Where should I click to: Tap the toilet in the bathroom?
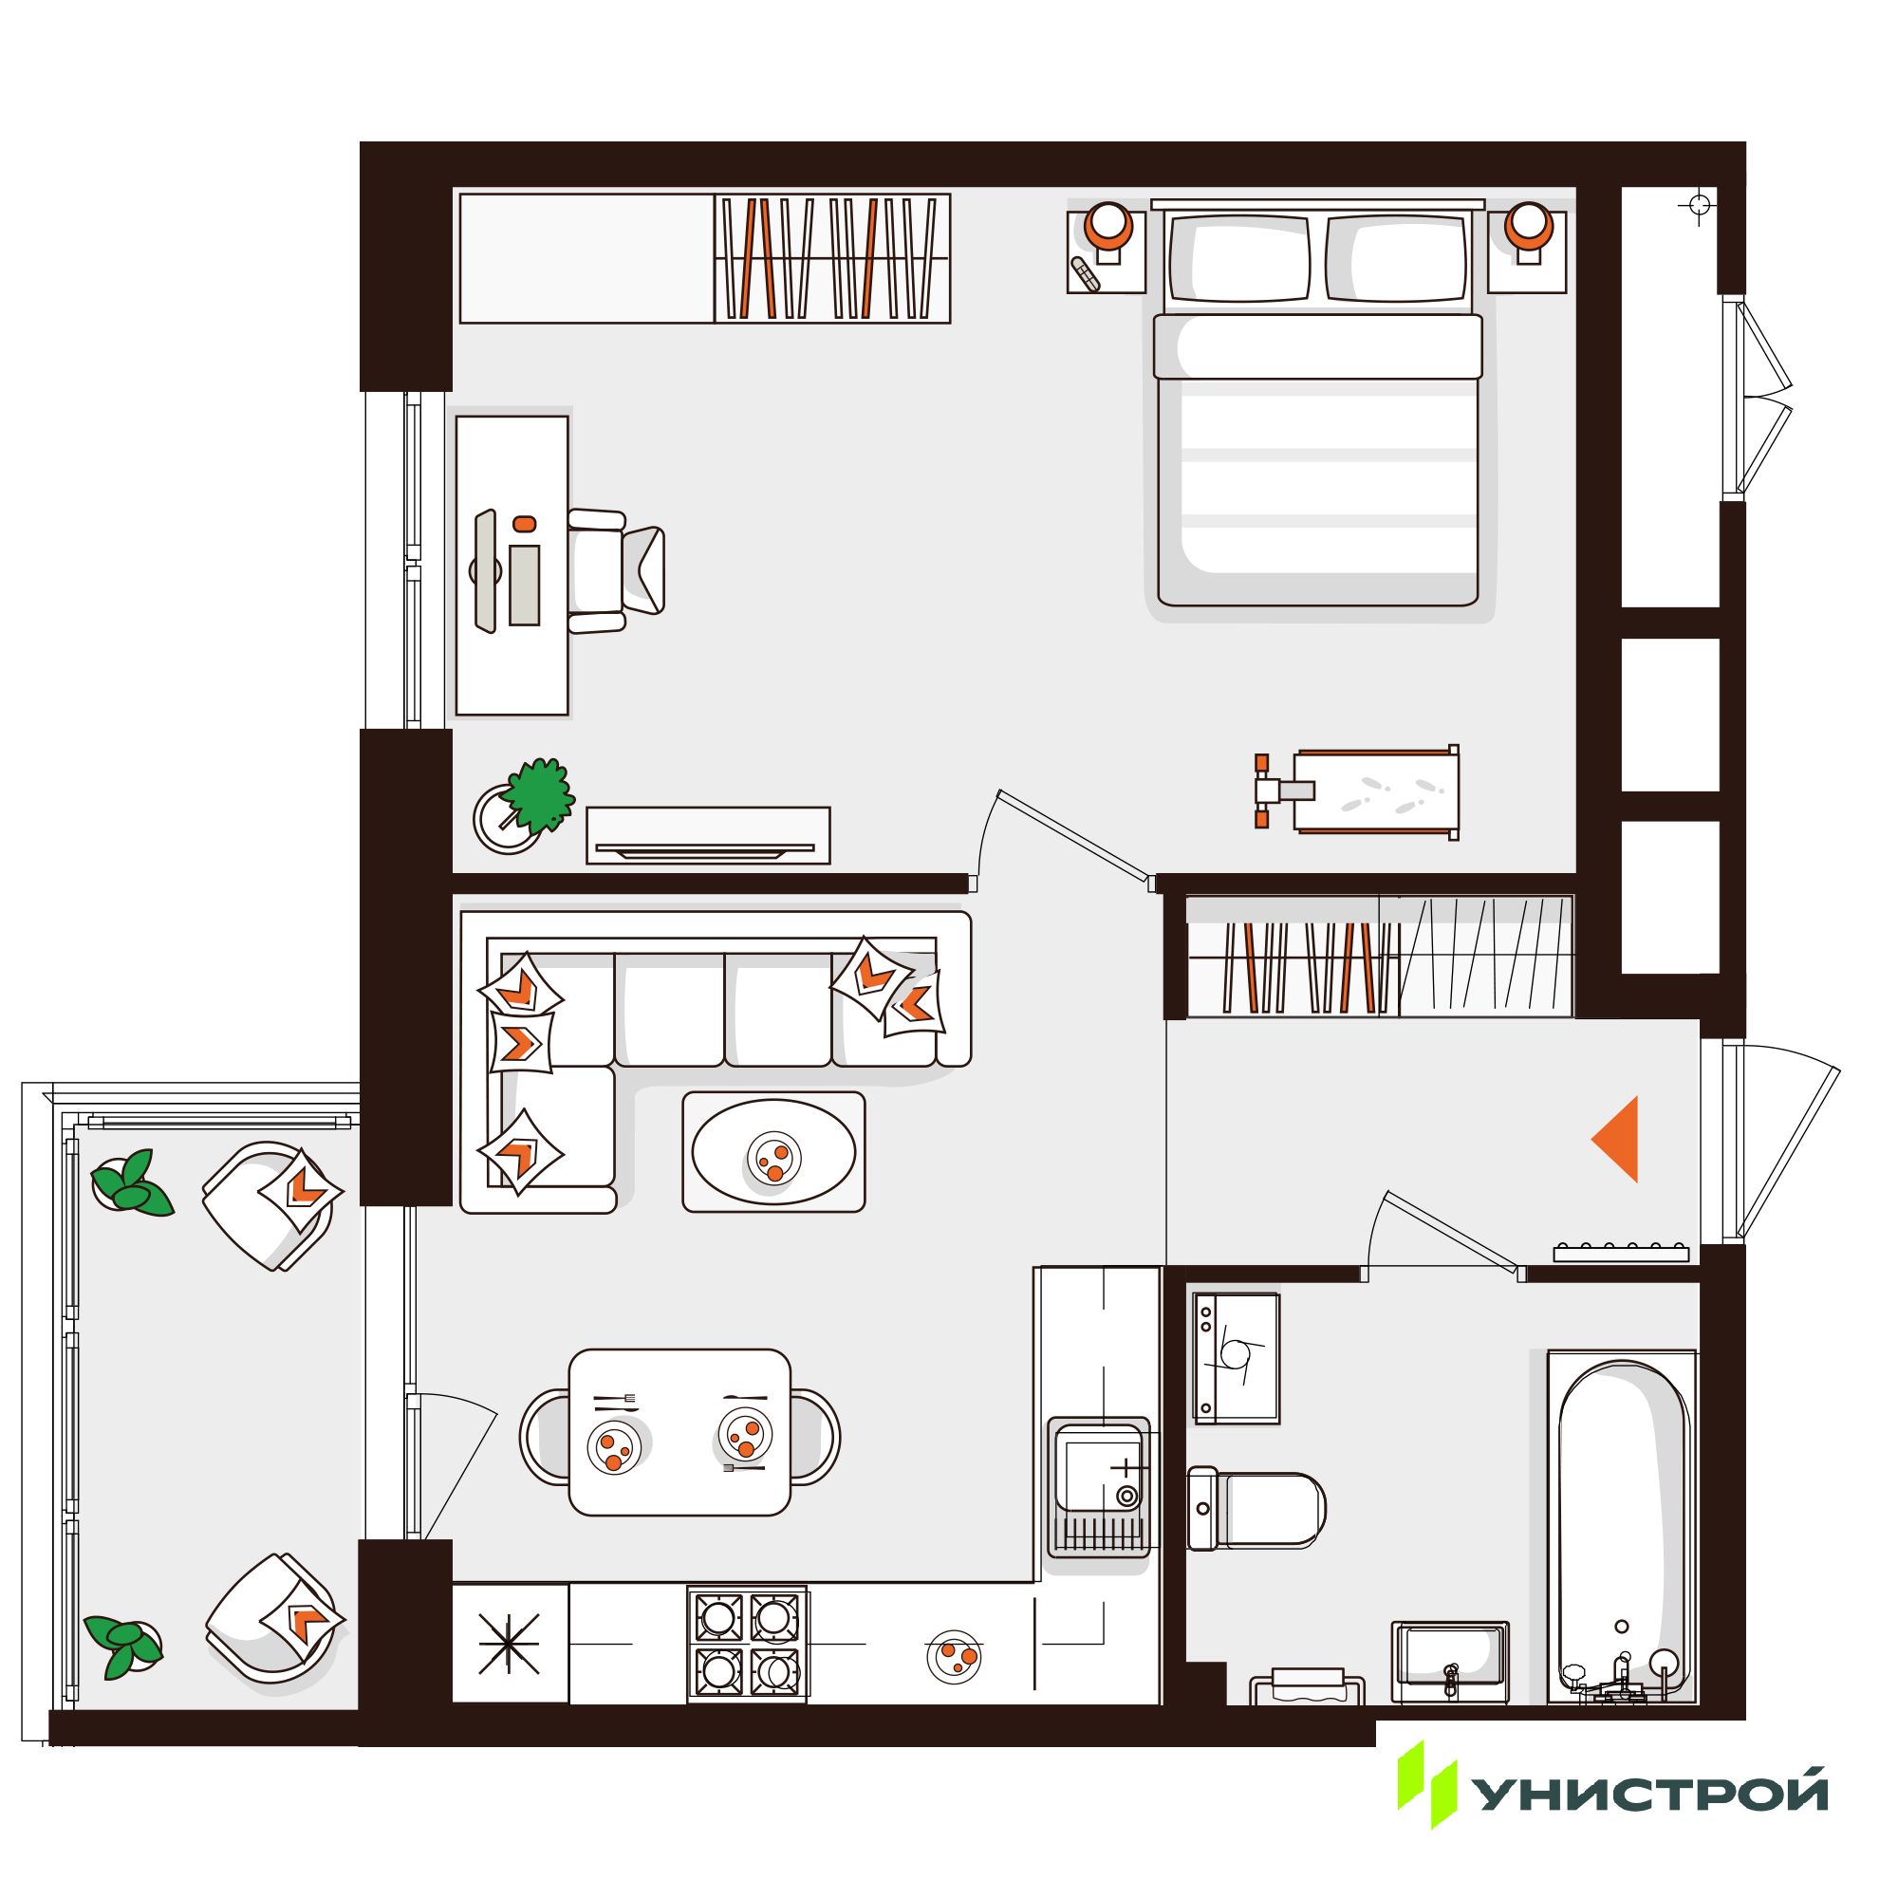pos(1256,1509)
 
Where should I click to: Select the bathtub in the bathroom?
pos(1622,1529)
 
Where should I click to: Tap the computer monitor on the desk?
pos(484,570)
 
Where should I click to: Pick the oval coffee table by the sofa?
pos(773,1151)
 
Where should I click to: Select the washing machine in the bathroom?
pos(1236,1358)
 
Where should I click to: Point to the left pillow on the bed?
pos(1239,257)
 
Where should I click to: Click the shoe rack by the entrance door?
pos(1621,1253)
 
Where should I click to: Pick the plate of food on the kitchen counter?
pos(954,1656)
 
